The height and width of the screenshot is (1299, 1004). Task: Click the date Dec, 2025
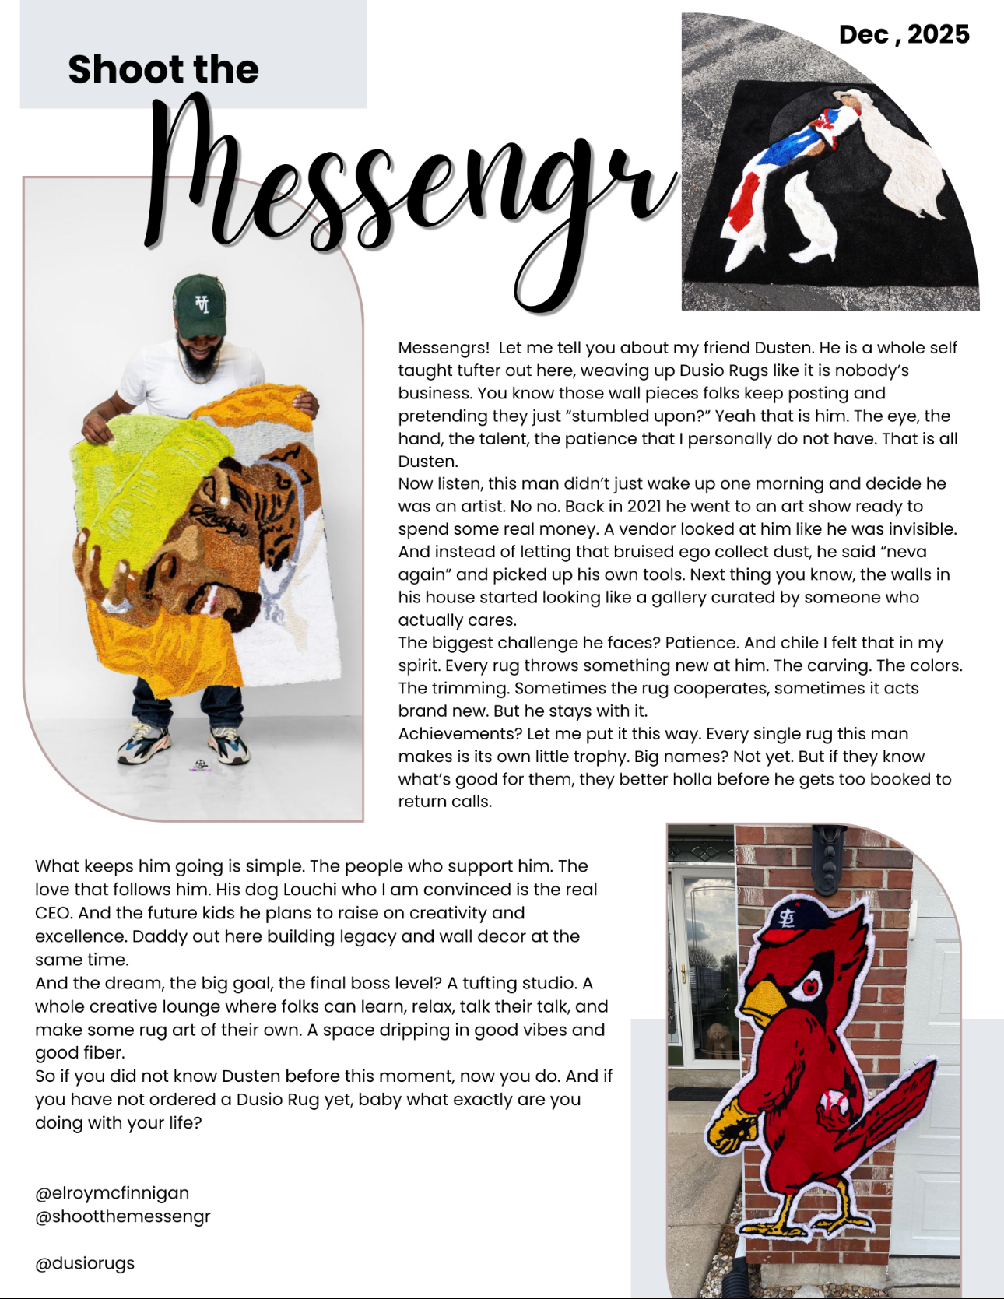click(x=904, y=35)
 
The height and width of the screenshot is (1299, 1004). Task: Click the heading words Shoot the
click(x=163, y=69)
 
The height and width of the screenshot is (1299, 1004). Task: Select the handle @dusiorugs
click(x=85, y=1263)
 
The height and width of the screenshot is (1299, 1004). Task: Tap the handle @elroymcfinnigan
click(x=112, y=1193)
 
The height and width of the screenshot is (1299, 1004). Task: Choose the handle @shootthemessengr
click(x=123, y=1216)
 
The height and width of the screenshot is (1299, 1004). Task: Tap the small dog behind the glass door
click(x=717, y=1039)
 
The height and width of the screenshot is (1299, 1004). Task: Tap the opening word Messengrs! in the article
click(x=444, y=348)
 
